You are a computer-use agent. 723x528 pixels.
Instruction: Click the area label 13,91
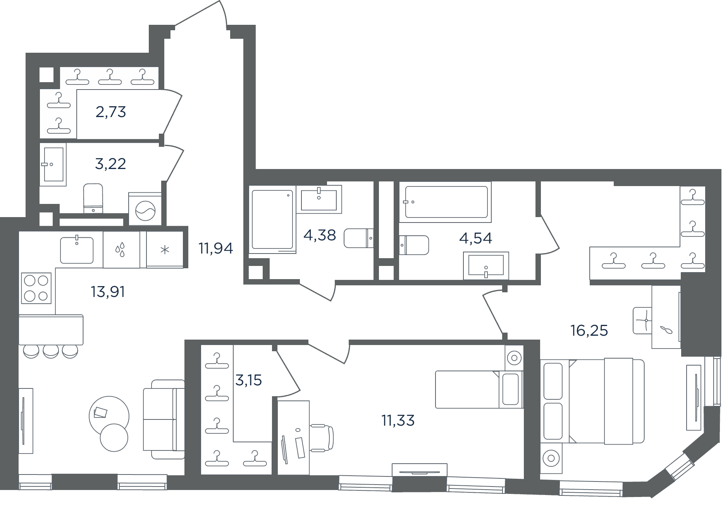click(x=108, y=292)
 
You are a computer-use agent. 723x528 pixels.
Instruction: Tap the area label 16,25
click(x=589, y=331)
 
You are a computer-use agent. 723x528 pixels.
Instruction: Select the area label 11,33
click(x=398, y=420)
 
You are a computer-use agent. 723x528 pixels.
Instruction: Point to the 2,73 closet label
click(x=111, y=112)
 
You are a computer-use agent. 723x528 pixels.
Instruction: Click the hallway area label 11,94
click(x=216, y=248)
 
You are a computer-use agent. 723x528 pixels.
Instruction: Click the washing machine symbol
click(x=145, y=209)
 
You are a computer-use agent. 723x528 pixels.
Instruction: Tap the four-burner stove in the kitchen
click(x=36, y=288)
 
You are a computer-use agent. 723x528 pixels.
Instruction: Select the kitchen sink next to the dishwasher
click(x=77, y=250)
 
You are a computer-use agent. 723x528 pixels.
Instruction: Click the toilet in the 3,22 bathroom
click(x=93, y=198)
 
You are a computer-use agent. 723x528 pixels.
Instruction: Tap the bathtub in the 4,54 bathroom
click(x=446, y=202)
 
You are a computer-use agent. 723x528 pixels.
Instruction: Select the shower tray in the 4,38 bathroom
click(x=272, y=219)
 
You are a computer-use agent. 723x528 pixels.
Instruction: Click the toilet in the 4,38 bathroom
click(x=358, y=238)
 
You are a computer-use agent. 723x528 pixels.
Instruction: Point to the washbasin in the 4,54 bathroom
click(x=486, y=266)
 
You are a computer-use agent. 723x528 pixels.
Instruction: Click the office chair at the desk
click(x=321, y=438)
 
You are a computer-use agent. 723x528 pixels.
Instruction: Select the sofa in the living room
click(x=164, y=419)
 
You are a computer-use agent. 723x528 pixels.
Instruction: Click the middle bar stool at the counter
click(x=51, y=352)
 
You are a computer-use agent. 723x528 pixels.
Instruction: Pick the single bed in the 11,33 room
click(x=479, y=390)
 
